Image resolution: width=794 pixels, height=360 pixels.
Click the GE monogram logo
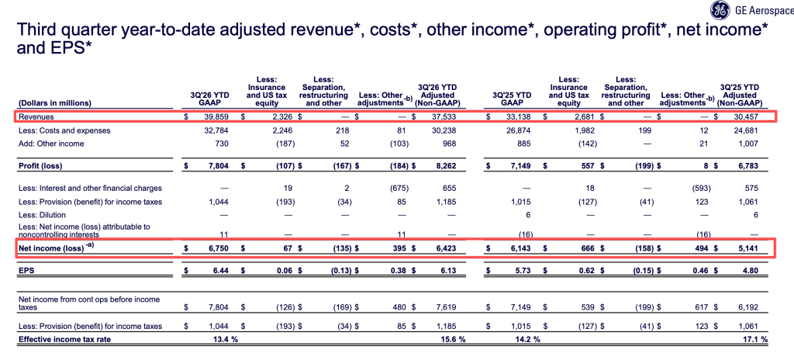click(719, 9)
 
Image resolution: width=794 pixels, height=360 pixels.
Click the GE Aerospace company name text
click(762, 9)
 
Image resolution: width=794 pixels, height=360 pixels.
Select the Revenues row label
click(36, 117)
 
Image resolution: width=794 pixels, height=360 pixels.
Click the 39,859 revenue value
click(216, 117)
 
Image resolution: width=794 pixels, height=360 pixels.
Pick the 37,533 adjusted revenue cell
click(443, 117)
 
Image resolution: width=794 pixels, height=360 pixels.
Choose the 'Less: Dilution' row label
click(39, 215)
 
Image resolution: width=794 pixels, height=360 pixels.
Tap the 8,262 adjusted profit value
click(445, 166)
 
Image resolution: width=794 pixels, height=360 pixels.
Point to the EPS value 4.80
click(750, 271)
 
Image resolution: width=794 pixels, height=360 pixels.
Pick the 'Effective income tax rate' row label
click(64, 340)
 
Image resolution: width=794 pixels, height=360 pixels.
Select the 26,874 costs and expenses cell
click(519, 130)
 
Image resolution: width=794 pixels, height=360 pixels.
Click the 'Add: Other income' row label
click(51, 144)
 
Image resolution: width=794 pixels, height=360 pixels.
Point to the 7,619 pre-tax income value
click(445, 307)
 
